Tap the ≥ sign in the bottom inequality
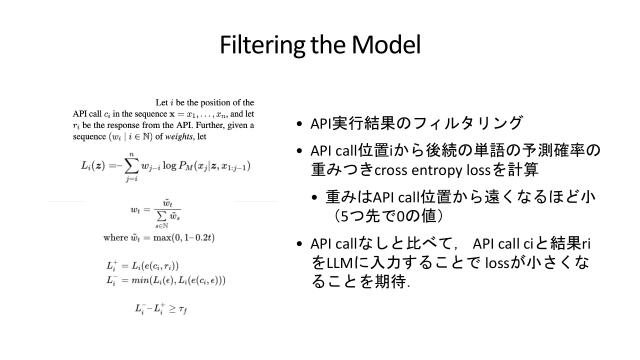(x=180, y=311)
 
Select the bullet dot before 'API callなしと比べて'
(x=300, y=244)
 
